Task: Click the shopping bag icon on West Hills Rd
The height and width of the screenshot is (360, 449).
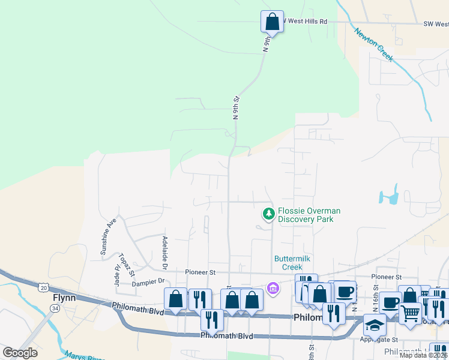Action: [272, 21]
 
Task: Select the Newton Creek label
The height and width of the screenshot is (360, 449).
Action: [373, 44]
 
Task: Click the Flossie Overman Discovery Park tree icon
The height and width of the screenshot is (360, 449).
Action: [269, 213]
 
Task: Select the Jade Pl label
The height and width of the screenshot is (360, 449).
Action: [117, 275]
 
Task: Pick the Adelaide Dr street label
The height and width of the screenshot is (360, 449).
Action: [164, 251]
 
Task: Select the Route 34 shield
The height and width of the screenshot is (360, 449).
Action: [55, 308]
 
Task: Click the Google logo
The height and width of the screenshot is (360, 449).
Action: [20, 353]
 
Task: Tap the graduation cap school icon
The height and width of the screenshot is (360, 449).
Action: [375, 325]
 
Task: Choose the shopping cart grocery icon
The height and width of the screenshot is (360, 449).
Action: [410, 313]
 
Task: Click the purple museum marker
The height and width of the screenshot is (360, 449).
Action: [273, 289]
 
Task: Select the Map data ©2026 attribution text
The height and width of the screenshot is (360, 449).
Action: [423, 355]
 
